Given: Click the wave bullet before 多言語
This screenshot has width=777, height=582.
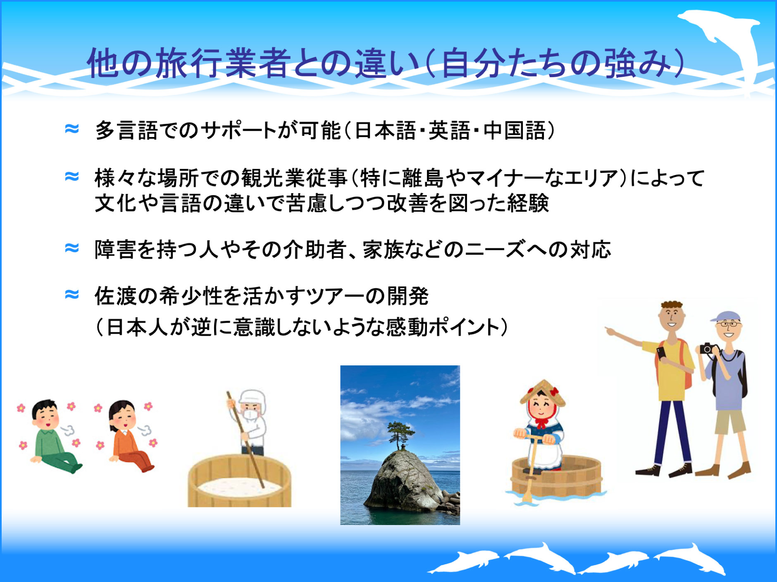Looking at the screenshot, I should pyautogui.click(x=72, y=129).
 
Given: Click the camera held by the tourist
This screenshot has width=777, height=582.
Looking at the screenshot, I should pyautogui.click(x=708, y=349).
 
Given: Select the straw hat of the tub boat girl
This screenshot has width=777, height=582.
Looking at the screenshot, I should pyautogui.click(x=542, y=391).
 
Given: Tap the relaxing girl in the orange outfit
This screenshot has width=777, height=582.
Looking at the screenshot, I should pyautogui.click(x=128, y=438).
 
